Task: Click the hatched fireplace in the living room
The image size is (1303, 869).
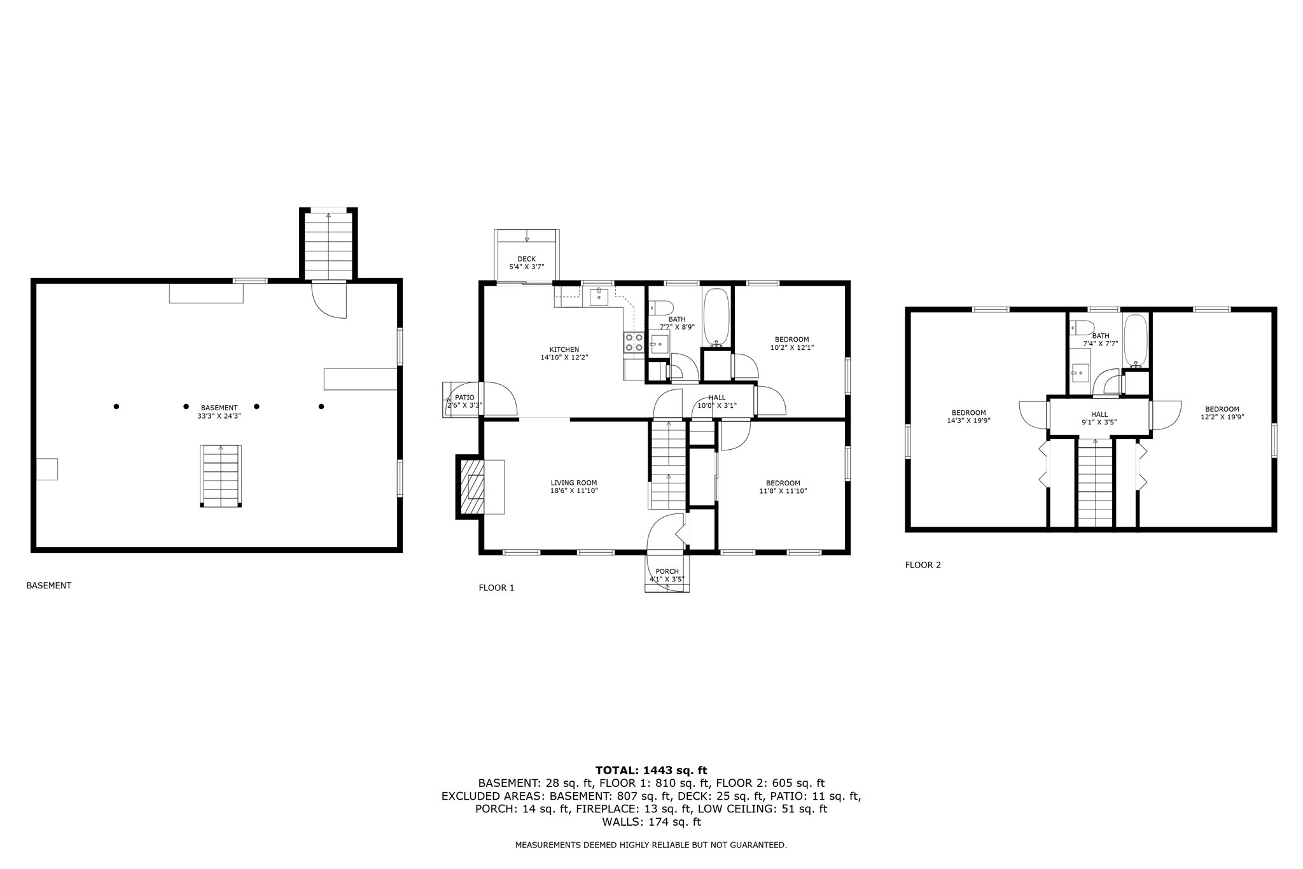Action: click(471, 487)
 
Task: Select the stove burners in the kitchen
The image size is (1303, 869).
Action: click(634, 342)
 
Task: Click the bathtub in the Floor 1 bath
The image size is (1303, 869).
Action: click(717, 317)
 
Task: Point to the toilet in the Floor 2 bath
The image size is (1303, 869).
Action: click(1082, 328)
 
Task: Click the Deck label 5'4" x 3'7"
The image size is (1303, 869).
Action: click(526, 263)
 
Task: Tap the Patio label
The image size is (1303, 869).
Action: click(464, 401)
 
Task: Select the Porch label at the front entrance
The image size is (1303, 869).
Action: click(667, 575)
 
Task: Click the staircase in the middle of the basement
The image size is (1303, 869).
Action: click(221, 476)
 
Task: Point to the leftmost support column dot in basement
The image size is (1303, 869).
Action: click(116, 407)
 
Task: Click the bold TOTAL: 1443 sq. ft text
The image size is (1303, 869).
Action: click(651, 770)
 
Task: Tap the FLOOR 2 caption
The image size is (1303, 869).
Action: click(923, 565)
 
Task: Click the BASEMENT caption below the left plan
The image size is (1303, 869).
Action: click(49, 585)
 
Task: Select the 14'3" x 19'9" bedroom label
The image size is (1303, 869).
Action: click(968, 416)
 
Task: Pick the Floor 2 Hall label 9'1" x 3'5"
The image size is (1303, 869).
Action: click(1099, 418)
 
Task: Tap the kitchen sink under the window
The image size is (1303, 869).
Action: click(599, 296)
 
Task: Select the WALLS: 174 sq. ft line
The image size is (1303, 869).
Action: click(651, 822)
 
